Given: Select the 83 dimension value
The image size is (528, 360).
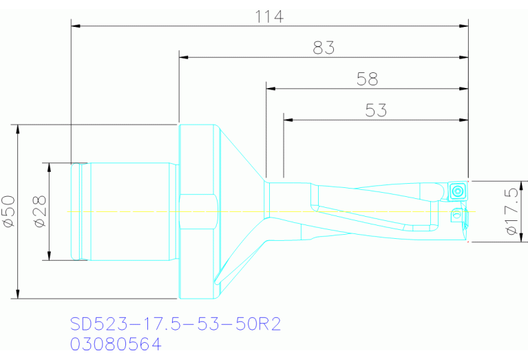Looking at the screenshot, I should point(323,48).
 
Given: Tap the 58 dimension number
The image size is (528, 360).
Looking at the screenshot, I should point(367,79).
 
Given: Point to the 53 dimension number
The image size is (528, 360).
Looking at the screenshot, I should point(376,110).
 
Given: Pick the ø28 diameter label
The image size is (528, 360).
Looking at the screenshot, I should point(40,211).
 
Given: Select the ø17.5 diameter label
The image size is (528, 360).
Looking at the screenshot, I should point(512,211).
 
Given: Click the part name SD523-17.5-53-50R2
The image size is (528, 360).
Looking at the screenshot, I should point(176,324).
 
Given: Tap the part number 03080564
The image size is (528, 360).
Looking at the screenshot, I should point(116,343).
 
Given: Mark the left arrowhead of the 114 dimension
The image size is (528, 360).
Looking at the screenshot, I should point(76,25).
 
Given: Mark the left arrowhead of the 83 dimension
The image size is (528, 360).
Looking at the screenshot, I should point(183,57).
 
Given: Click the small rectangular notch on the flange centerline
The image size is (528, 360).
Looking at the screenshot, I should point(198,212).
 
